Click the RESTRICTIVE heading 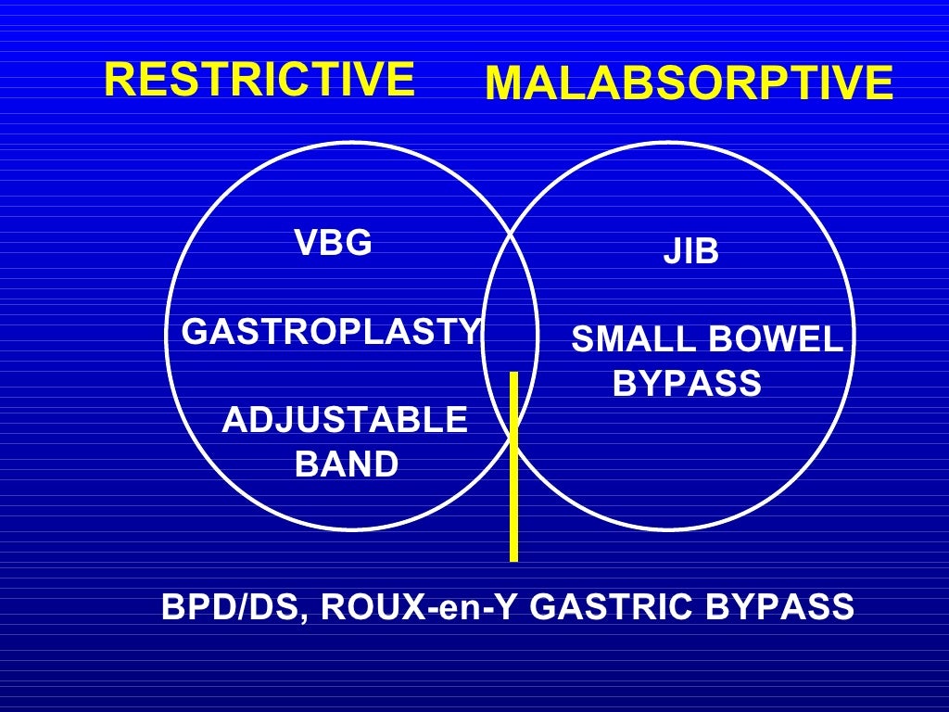(x=259, y=79)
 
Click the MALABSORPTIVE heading (x=689, y=84)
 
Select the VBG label (x=333, y=243)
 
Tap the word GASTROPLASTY (x=332, y=331)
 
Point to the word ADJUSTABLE (x=345, y=421)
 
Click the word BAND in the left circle (x=346, y=464)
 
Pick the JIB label (x=690, y=252)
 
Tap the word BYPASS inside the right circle (x=687, y=383)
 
